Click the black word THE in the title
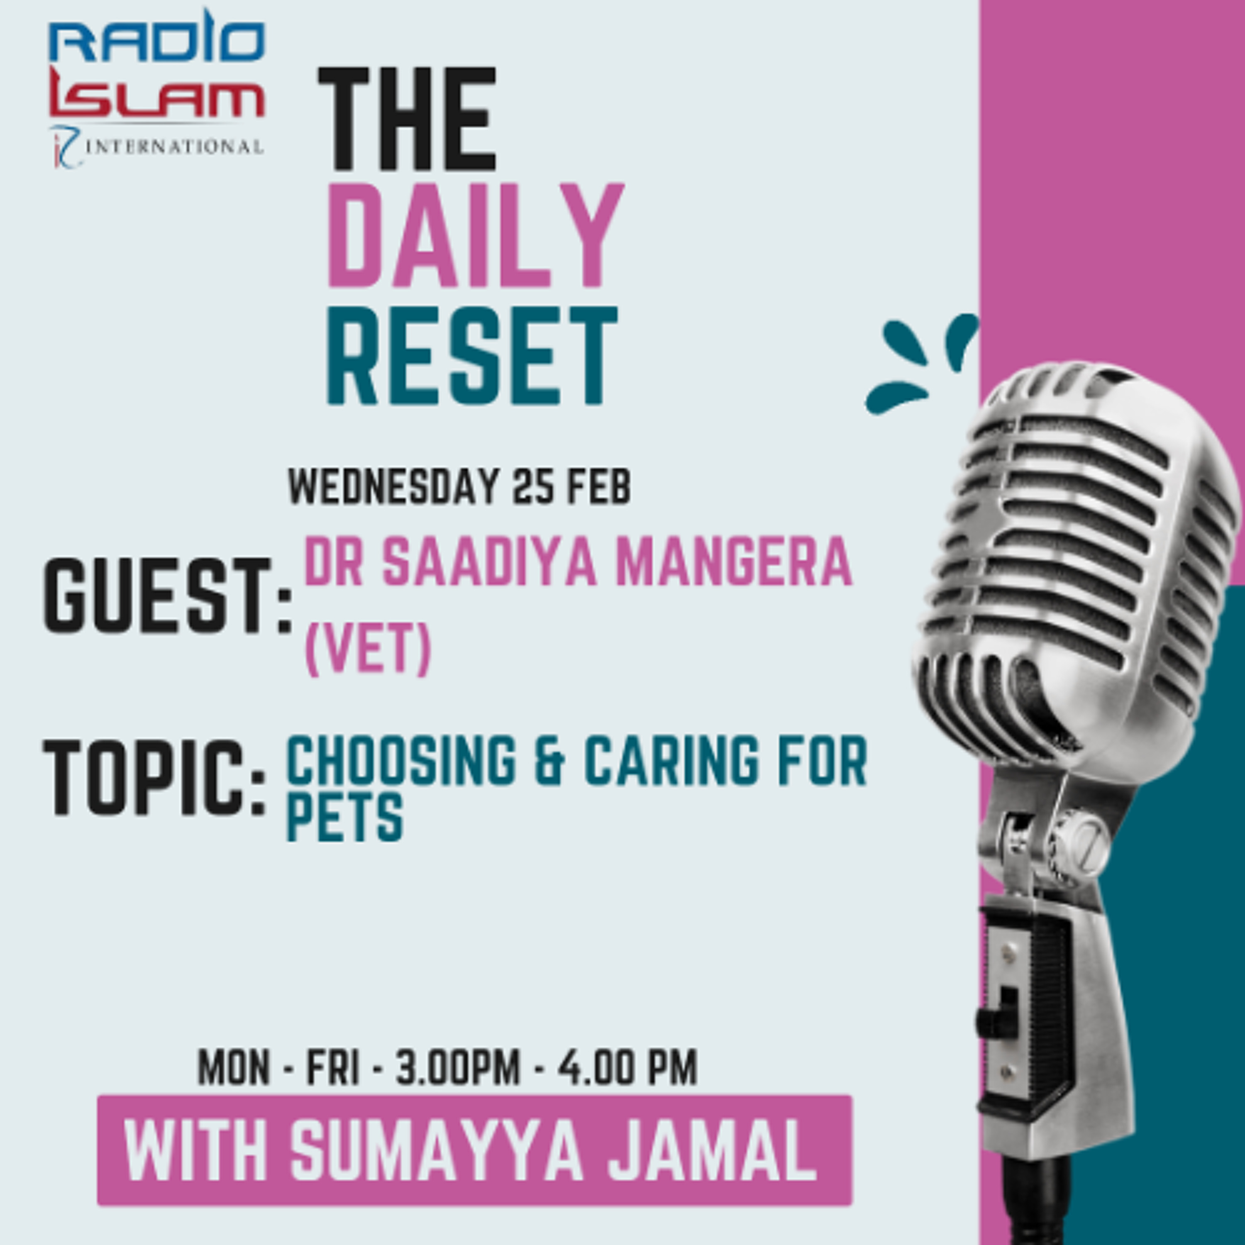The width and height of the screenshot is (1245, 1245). pyautogui.click(x=407, y=120)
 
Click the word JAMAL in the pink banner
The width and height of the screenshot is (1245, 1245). pyautogui.click(x=712, y=1150)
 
